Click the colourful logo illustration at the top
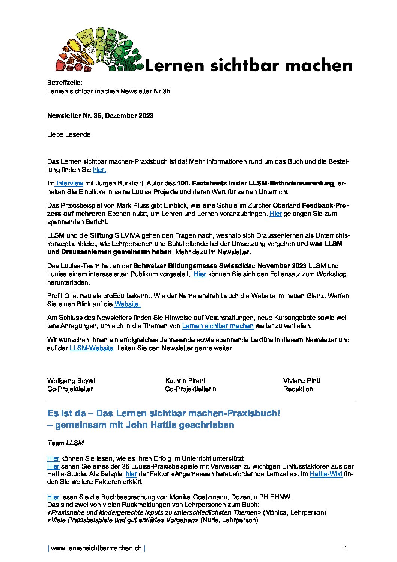[x=99, y=50]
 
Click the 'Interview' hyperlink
[x=70, y=183]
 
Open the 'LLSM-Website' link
[x=91, y=348]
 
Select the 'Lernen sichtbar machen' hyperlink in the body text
[x=218, y=326]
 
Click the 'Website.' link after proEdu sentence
[x=127, y=304]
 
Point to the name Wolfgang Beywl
[x=71, y=380]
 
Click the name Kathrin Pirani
[x=185, y=380]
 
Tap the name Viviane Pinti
[x=301, y=380]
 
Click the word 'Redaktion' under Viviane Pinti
[x=298, y=389]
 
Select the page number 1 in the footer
[x=345, y=548]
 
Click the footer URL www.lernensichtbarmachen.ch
[x=96, y=548]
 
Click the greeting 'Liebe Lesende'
[x=69, y=134]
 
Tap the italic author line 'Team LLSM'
[x=65, y=443]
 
